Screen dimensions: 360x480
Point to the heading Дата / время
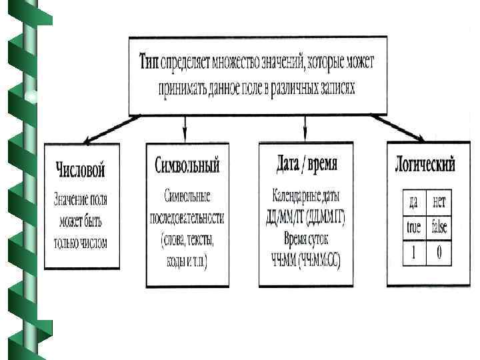click(306, 163)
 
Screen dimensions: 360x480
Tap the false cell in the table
click(439, 227)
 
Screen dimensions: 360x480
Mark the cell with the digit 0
click(439, 253)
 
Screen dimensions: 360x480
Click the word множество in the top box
click(237, 62)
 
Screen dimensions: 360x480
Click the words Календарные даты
click(306, 196)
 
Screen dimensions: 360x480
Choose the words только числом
click(81, 243)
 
